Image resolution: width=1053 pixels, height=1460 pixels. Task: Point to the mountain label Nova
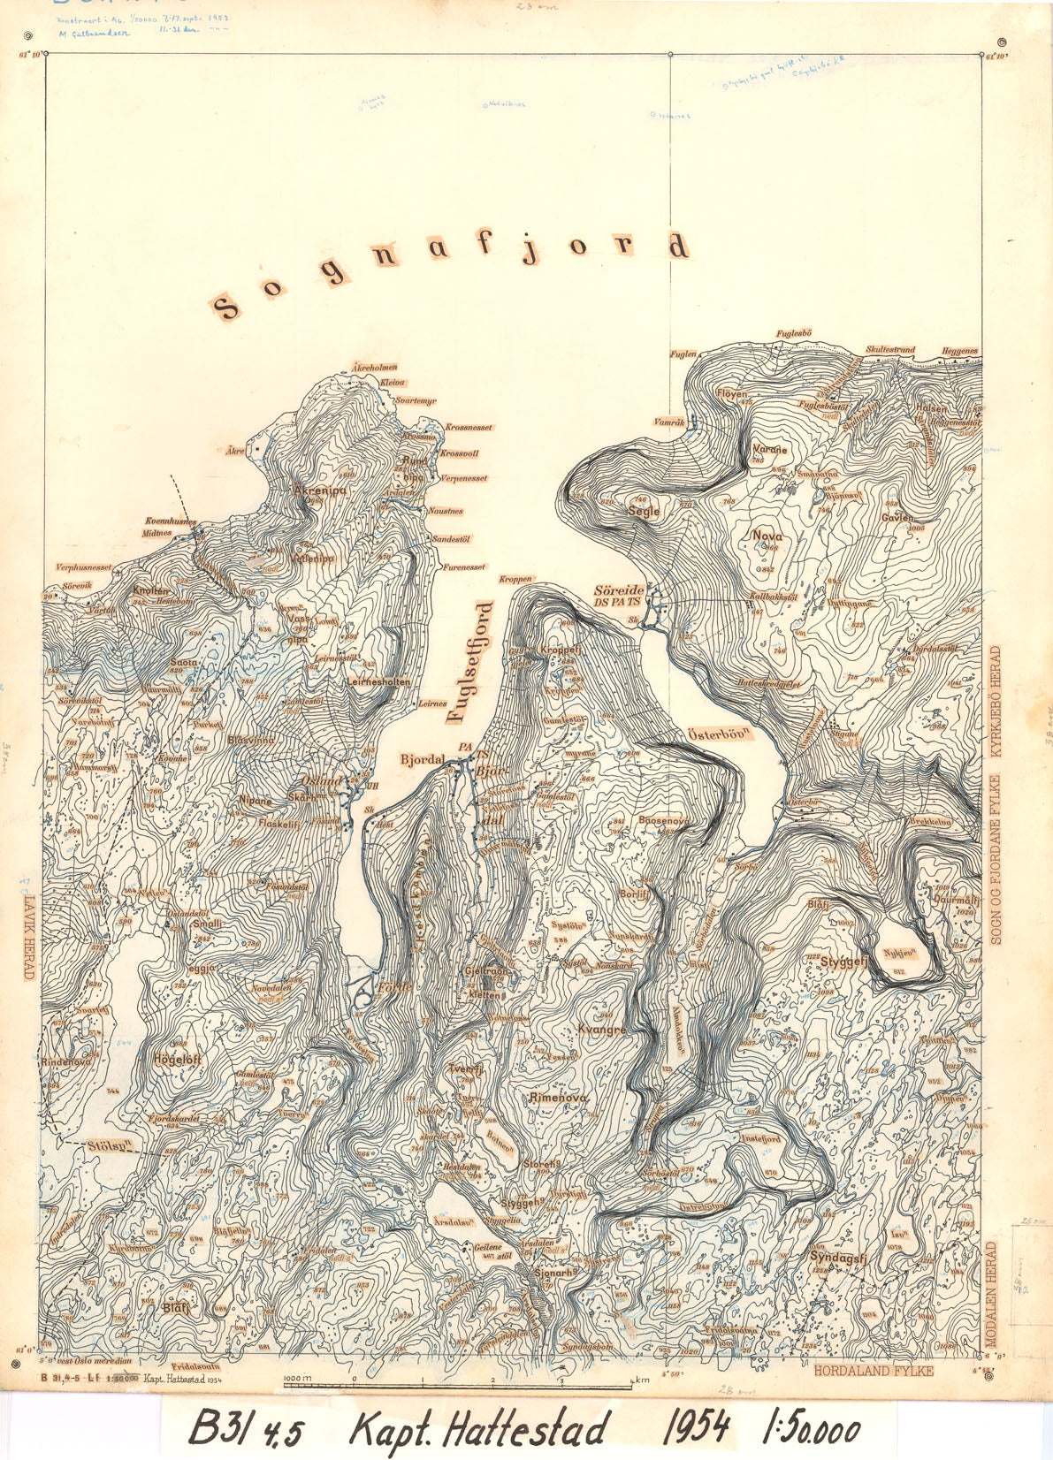767,536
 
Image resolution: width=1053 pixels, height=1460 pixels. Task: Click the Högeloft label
179,1058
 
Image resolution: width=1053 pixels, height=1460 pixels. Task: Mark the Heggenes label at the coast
960,352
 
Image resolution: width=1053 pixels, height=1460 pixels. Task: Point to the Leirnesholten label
378,682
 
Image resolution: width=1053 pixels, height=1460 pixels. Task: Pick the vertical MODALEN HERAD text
991,1298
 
